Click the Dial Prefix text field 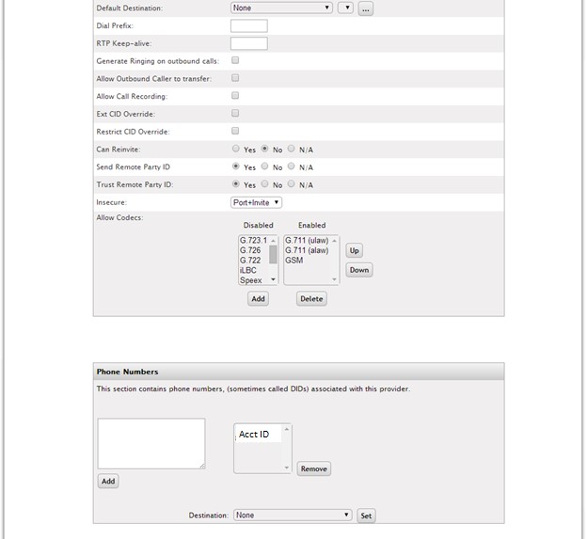pos(248,25)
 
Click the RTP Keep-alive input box pos(248,43)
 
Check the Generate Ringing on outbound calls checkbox pos(235,60)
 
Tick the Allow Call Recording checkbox pos(235,96)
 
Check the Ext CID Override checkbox pos(235,114)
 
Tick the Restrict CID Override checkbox pos(235,131)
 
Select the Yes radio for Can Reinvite pos(236,149)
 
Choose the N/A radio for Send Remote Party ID pos(292,166)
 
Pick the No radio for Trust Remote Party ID pos(264,184)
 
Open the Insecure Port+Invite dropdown pos(256,202)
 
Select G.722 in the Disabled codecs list pos(250,261)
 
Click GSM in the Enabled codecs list pos(293,261)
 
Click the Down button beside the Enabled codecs pos(358,270)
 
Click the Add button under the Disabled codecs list pos(258,299)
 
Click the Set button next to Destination pos(366,515)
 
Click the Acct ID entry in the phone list pos(254,435)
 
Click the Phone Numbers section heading pos(128,372)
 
